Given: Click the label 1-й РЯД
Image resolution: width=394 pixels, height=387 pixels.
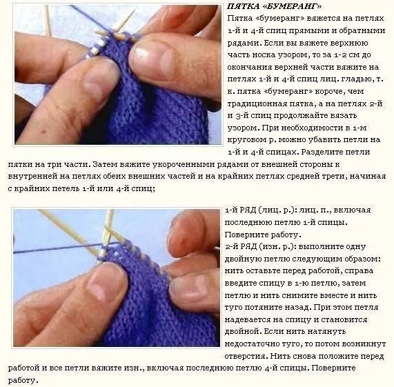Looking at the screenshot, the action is (241, 210).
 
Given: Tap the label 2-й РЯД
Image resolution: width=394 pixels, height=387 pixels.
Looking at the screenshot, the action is (241, 246).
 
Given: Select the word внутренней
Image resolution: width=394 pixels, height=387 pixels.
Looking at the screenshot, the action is (32, 177).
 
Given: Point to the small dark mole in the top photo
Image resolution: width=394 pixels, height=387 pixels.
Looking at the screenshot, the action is (46, 132).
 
